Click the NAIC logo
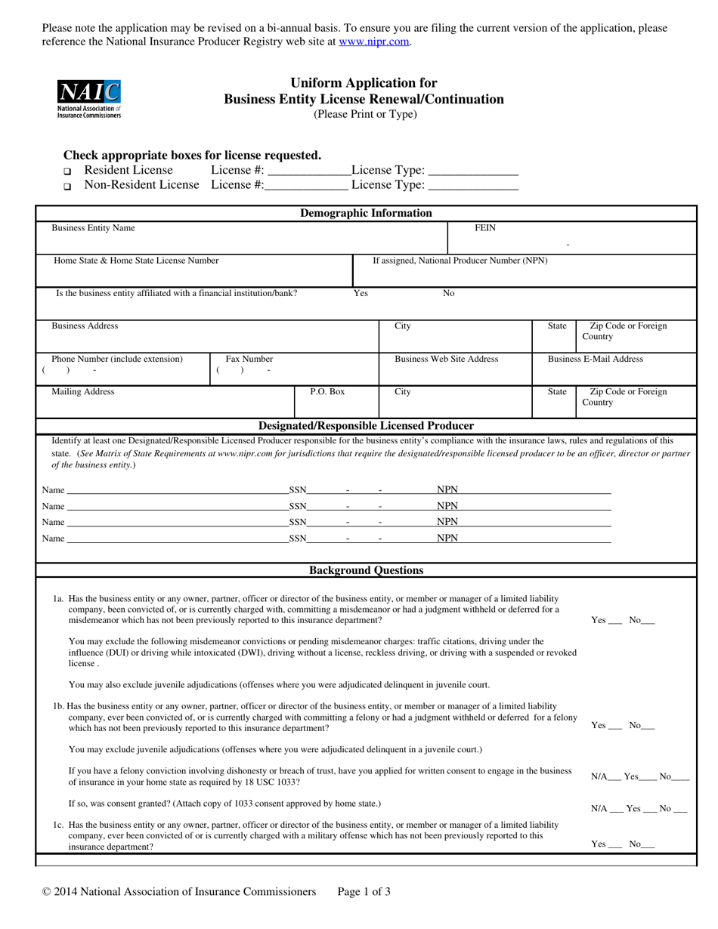pos(88,99)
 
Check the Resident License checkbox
pos(67,171)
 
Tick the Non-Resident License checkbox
pos(67,186)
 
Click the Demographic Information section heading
pos(366,213)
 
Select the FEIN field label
pos(484,227)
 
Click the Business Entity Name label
pos(93,227)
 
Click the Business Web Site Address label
pos(446,359)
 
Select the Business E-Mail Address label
pos(596,359)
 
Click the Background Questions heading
pos(367,570)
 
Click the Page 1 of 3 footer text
pos(364,892)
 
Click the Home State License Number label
pos(136,261)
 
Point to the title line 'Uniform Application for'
pos(364,83)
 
